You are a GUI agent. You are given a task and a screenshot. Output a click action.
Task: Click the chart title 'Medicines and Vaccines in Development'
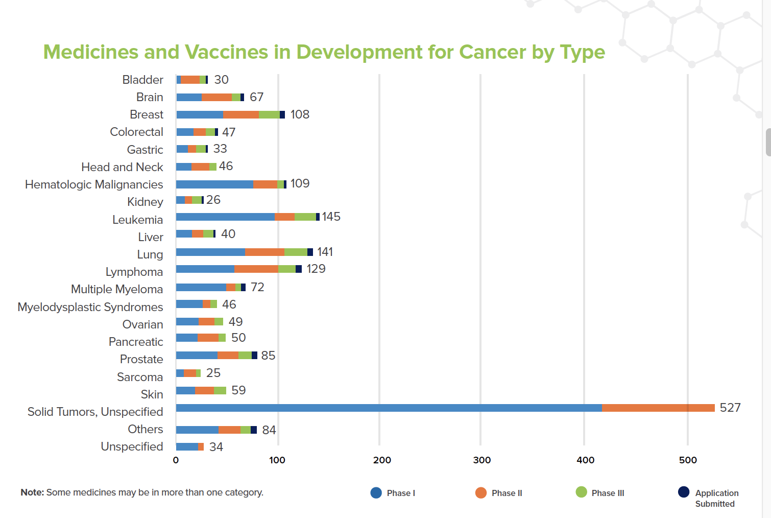point(324,52)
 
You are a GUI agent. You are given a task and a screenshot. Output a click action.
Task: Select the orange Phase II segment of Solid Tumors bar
point(658,408)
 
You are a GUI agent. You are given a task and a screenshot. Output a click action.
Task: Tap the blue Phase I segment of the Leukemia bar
point(225,217)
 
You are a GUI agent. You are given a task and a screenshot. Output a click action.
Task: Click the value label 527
point(730,408)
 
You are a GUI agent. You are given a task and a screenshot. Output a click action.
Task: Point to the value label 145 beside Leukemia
point(331,217)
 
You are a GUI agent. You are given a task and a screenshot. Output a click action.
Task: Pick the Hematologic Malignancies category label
point(94,184)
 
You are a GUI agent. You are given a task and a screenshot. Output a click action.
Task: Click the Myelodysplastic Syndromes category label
point(90,307)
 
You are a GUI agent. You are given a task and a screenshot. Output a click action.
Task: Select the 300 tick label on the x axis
point(481,460)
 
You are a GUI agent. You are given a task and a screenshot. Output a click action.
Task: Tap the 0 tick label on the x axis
point(176,460)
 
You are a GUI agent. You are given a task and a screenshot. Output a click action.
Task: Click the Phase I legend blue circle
point(376,492)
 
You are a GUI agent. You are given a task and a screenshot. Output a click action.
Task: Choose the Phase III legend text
point(608,493)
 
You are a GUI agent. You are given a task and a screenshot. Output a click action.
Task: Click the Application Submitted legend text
point(716,498)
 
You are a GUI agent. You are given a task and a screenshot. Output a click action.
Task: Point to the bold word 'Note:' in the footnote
point(32,492)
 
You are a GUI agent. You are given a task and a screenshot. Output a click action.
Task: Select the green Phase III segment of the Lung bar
point(296,252)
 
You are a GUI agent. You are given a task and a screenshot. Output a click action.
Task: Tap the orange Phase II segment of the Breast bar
point(241,114)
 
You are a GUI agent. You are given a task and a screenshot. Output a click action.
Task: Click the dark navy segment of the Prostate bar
point(254,356)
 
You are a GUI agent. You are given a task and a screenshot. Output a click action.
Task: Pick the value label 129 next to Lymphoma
point(316,269)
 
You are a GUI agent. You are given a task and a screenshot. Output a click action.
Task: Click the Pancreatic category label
point(136,342)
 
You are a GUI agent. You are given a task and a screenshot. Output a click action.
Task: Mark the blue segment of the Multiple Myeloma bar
point(201,288)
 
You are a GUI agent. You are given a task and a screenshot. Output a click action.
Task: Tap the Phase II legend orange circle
point(480,492)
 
